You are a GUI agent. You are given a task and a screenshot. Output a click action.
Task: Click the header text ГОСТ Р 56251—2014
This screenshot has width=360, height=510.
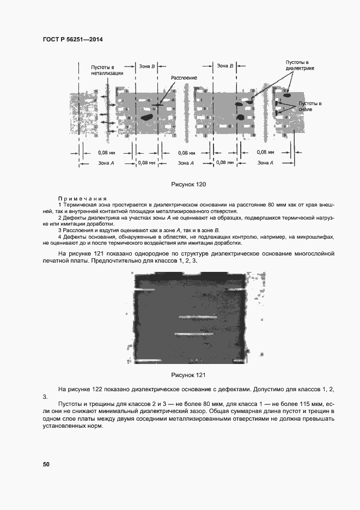point(72,40)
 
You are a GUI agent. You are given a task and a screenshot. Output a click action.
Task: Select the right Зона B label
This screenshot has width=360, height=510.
point(225,66)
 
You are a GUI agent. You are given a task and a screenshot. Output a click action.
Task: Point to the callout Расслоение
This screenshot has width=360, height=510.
point(184,78)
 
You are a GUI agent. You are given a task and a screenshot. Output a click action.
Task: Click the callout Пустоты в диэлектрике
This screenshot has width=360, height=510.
point(301,66)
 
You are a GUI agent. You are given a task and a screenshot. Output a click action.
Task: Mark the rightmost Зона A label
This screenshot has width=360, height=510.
point(265,162)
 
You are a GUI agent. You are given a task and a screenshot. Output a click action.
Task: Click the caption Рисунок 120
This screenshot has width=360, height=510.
point(188,185)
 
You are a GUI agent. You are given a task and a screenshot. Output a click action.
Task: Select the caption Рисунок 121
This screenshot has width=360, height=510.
point(188,375)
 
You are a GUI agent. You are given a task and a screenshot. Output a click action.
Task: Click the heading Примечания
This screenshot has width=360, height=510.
point(82,199)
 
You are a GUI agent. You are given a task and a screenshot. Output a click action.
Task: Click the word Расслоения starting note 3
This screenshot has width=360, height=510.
point(76,230)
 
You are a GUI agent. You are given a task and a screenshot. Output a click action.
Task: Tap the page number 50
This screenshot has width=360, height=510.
point(46,464)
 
